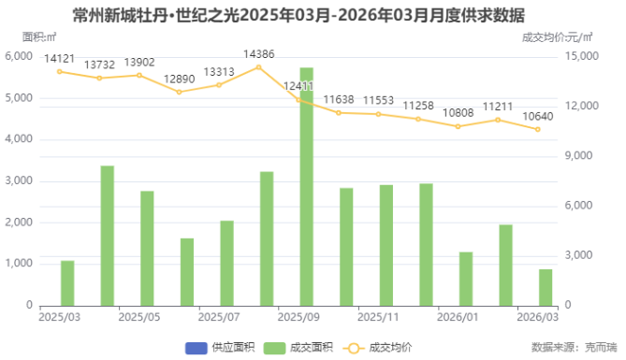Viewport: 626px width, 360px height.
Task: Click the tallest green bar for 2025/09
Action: coord(306,187)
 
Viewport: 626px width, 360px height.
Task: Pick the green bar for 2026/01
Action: coord(466,279)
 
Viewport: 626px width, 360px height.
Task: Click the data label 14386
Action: coord(259,54)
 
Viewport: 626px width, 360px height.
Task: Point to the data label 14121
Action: coord(60,59)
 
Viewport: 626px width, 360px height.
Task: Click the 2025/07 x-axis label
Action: coord(220,318)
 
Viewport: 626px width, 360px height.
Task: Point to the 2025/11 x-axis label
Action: coord(379,318)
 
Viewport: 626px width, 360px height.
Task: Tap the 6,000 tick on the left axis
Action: coord(19,57)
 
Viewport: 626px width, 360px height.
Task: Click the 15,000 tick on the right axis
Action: coord(587,57)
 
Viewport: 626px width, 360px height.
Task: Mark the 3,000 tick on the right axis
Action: coord(583,256)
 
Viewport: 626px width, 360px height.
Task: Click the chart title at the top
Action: coord(313,14)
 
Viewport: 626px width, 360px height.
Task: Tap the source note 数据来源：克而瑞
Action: coord(568,347)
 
